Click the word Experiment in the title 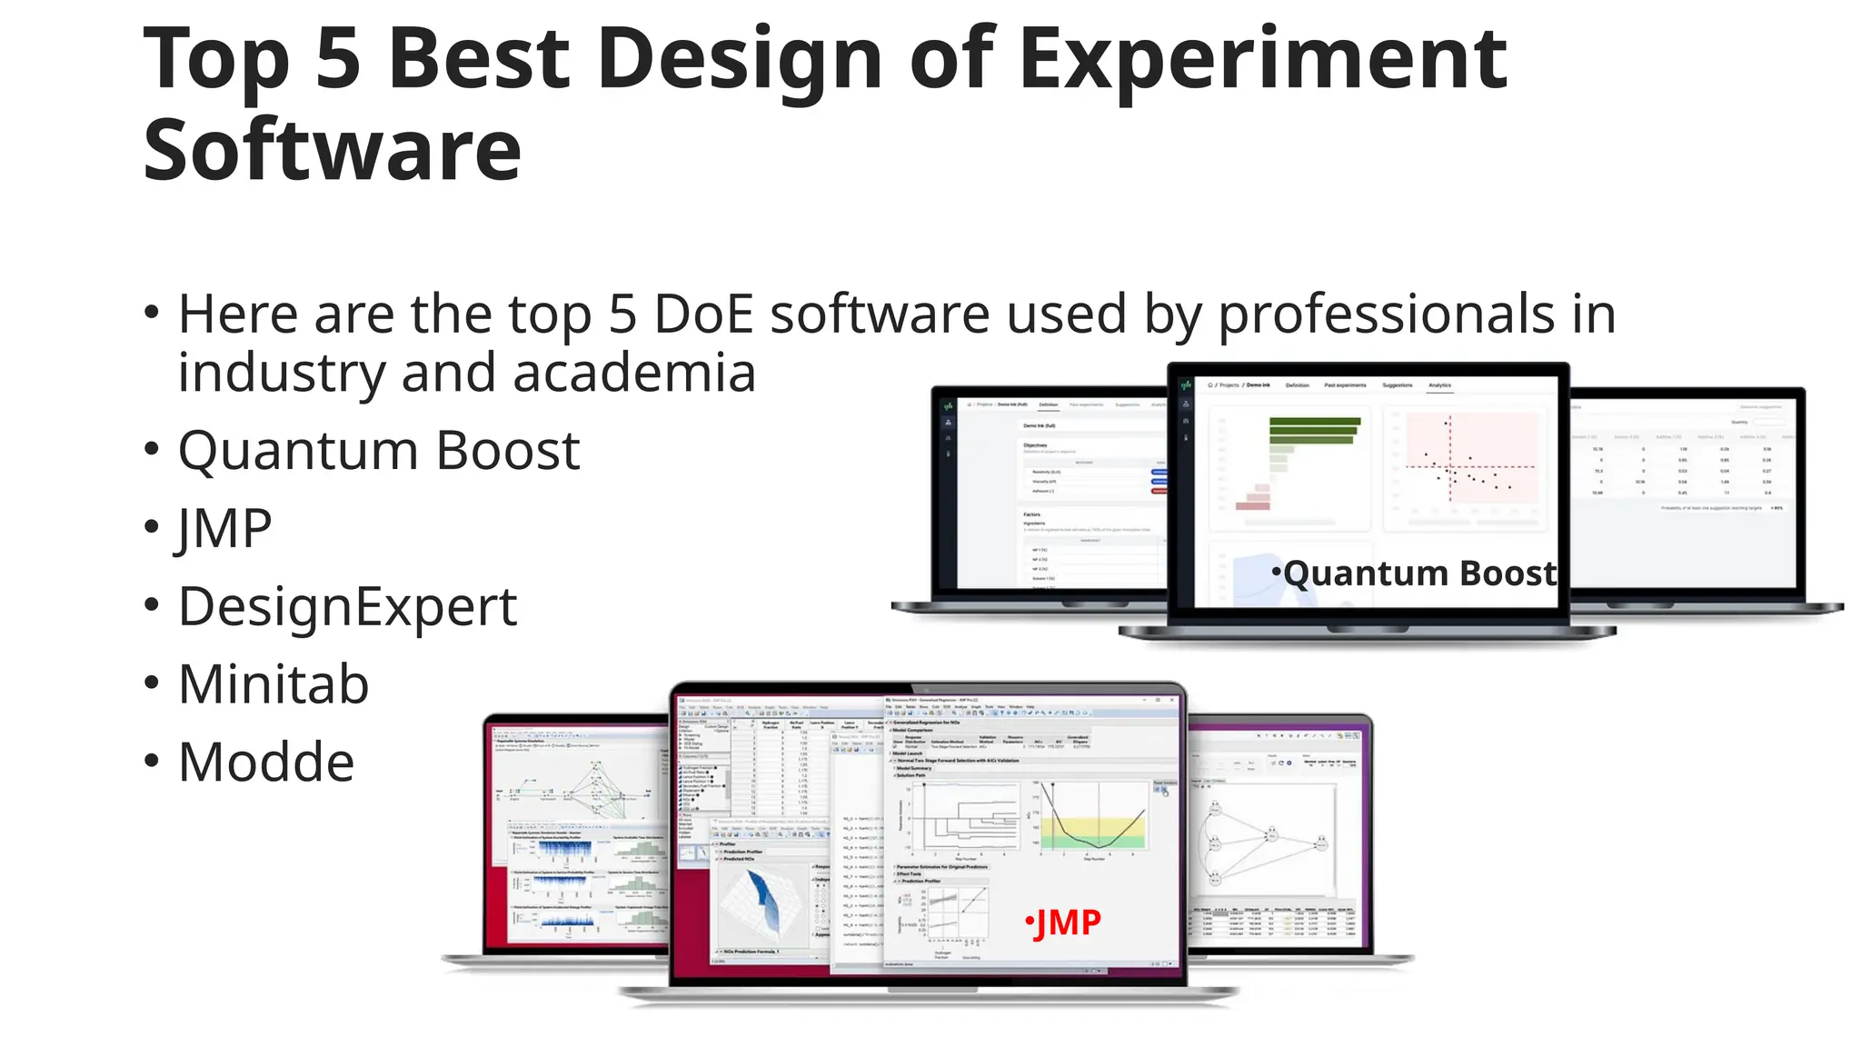click(x=1263, y=60)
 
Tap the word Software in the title click(x=333, y=151)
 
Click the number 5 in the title click(x=338, y=60)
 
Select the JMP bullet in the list click(x=224, y=528)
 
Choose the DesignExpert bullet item click(x=347, y=606)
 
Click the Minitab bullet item click(x=274, y=684)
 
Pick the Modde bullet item click(x=266, y=762)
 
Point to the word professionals click(x=1387, y=314)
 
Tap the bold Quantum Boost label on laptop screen click(x=1418, y=573)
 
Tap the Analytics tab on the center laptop click(x=1439, y=385)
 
